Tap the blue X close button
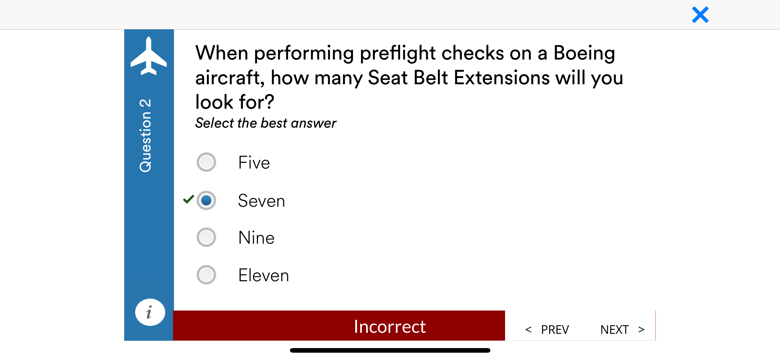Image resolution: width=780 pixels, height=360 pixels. (x=700, y=15)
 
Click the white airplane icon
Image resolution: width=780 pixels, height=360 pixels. (x=149, y=56)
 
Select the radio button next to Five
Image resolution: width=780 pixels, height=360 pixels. (x=206, y=162)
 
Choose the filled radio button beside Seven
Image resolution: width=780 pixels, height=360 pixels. (x=206, y=201)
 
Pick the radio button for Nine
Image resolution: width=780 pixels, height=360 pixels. (x=206, y=237)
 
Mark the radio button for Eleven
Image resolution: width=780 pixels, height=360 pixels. (x=206, y=275)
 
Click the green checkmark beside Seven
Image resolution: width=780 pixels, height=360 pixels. (x=188, y=199)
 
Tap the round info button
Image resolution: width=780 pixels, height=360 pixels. (x=150, y=312)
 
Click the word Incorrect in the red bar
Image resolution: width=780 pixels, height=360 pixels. (x=390, y=326)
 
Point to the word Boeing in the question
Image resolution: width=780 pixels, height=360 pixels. (x=584, y=53)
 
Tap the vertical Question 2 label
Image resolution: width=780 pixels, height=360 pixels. (x=146, y=135)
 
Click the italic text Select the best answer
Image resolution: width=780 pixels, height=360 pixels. (x=265, y=123)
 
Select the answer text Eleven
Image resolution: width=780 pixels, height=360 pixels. (x=263, y=275)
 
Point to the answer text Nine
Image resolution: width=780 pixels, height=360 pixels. (x=256, y=238)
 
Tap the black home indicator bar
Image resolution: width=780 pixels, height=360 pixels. (x=390, y=350)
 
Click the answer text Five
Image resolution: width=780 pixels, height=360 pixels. (x=254, y=162)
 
